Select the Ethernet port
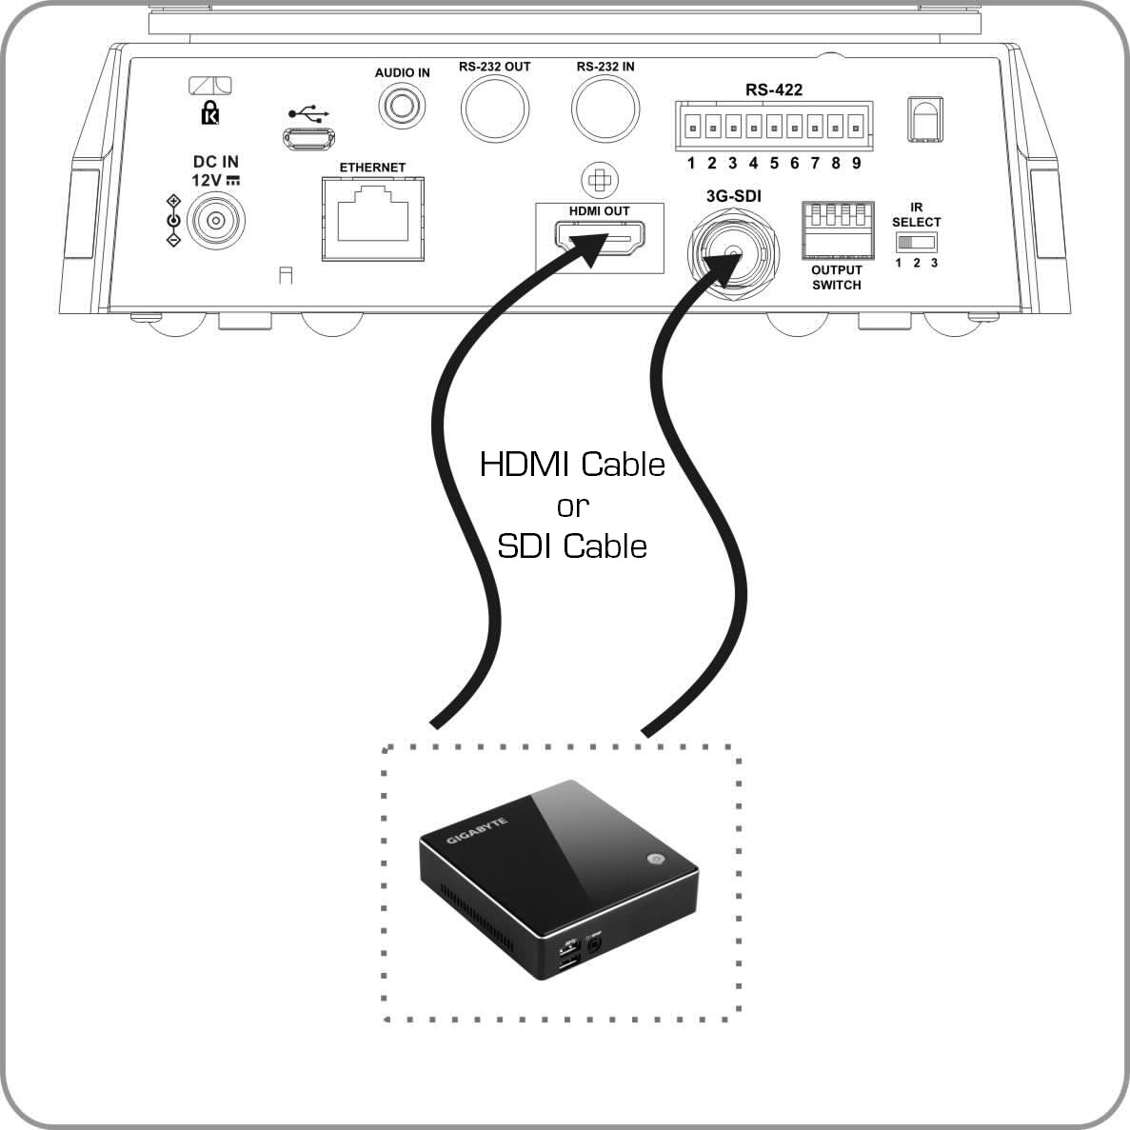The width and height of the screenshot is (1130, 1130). (x=373, y=218)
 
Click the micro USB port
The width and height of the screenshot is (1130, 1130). (x=307, y=138)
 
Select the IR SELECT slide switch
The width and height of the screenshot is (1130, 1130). (x=917, y=243)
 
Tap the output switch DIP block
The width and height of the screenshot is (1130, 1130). (x=836, y=228)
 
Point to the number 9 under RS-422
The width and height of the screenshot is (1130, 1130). (x=857, y=163)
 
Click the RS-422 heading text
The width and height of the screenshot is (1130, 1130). (x=773, y=89)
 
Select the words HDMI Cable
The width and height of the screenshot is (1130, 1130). (x=572, y=465)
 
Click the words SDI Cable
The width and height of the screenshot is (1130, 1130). (x=572, y=545)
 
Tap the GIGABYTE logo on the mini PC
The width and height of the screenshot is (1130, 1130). (x=477, y=828)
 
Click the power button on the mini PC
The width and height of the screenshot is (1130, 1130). (x=655, y=859)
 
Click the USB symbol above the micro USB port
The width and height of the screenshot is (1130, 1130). (x=307, y=112)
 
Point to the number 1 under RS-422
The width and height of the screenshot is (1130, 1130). (x=692, y=163)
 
